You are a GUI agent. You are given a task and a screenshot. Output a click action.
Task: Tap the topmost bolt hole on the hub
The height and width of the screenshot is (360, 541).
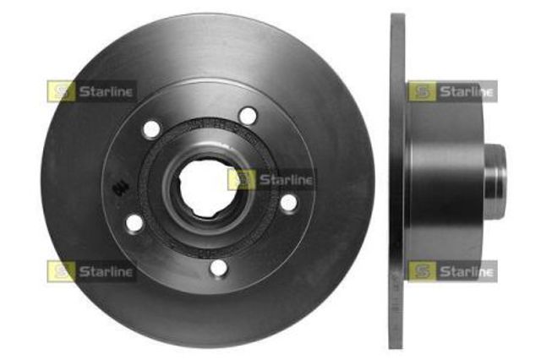247,115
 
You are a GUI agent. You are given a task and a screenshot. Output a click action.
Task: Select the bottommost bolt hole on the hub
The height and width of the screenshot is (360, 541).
219,268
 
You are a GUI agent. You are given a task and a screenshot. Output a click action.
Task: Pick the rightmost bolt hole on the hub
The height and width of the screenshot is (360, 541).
288,203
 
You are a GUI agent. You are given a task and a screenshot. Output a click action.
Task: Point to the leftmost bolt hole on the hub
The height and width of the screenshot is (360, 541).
134,223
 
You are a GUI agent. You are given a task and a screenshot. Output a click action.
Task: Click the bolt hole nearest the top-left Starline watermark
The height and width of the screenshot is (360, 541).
151,128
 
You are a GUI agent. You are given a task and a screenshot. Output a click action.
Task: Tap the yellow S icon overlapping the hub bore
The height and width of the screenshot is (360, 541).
242,179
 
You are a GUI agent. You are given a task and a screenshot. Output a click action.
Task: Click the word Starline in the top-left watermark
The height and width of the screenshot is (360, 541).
106,91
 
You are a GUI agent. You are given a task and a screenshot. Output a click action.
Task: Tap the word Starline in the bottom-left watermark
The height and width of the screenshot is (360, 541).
106,271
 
